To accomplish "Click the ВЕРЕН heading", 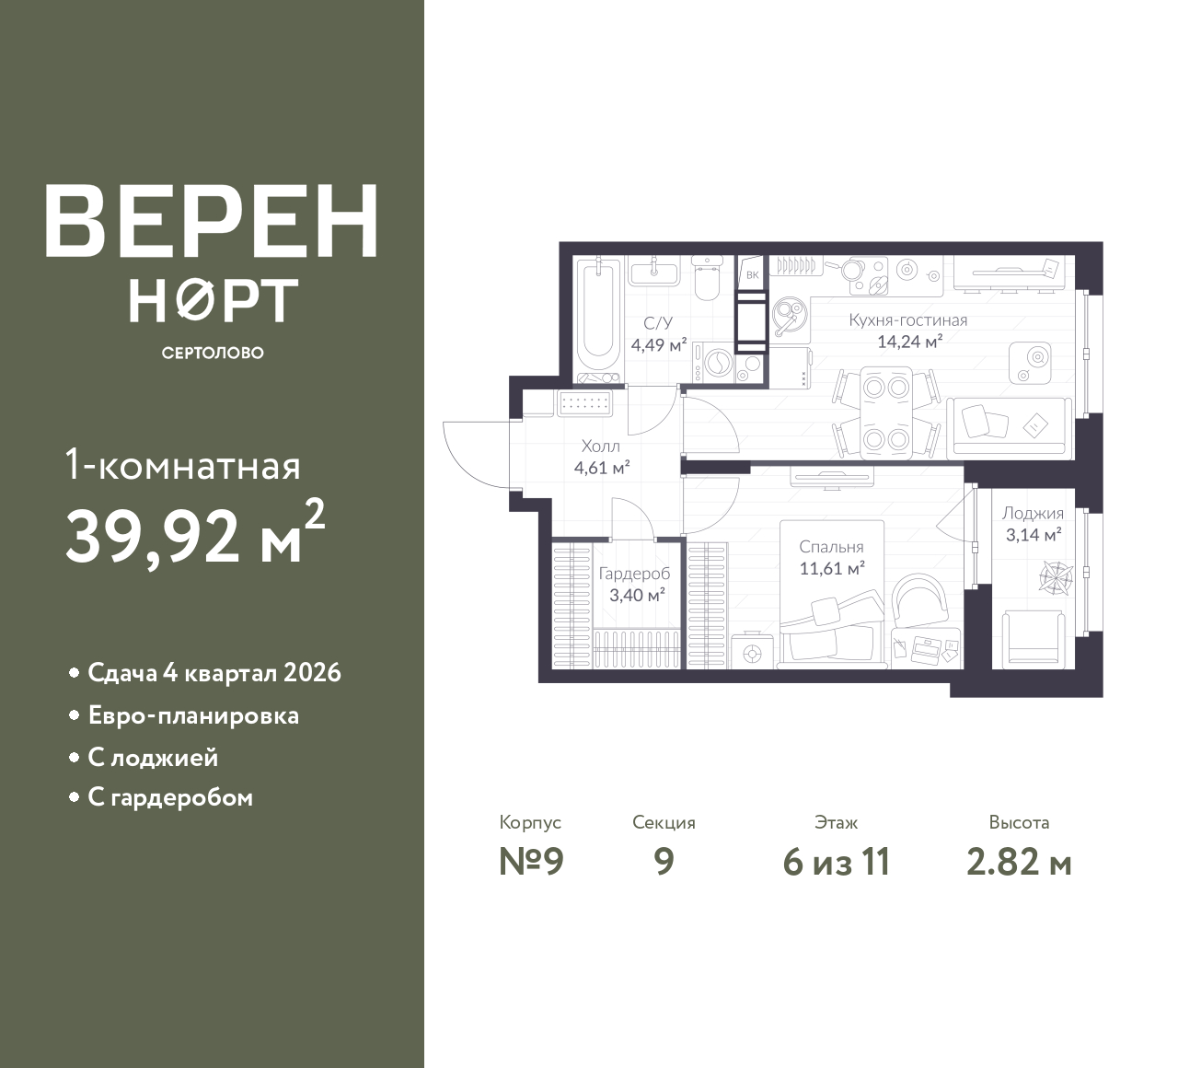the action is (x=212, y=221).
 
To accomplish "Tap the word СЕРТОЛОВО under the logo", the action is (x=213, y=353).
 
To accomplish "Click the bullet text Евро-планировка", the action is (x=193, y=716).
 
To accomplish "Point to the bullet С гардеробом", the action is (x=170, y=797).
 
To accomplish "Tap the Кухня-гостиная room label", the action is (x=907, y=320).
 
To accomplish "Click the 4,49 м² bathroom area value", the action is (x=659, y=345).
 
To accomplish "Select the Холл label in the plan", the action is (x=601, y=447).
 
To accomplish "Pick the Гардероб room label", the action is (x=634, y=574).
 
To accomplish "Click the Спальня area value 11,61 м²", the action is (x=832, y=569).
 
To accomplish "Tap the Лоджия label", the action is (x=1033, y=514).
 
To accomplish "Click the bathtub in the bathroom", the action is (x=598, y=320).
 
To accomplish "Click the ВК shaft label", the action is (x=752, y=274).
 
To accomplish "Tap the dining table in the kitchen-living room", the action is (x=886, y=413).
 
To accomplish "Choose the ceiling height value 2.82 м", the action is (x=1020, y=863).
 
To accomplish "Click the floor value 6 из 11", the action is (x=837, y=863).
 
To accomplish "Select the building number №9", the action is (x=531, y=863).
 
